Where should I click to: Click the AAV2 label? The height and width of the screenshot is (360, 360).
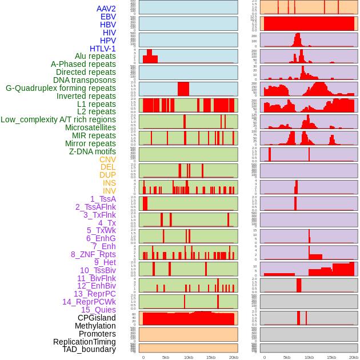pos(106,9)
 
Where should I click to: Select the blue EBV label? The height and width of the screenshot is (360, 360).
pos(108,17)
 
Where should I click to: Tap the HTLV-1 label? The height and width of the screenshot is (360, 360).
pos(102,49)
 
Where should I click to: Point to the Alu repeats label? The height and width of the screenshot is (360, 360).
pos(95,56)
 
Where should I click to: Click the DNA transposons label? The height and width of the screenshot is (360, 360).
pos(85,80)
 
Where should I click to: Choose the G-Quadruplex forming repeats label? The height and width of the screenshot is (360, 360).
pos(61,88)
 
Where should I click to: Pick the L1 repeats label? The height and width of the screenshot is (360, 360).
pos(97,104)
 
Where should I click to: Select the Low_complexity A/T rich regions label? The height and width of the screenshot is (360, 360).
pos(58,119)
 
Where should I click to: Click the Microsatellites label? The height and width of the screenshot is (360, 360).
pos(90,127)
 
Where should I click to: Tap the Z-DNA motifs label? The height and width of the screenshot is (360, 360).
pos(93,151)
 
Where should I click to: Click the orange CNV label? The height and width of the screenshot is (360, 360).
pos(107,159)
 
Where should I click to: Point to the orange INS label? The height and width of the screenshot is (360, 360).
pos(109,183)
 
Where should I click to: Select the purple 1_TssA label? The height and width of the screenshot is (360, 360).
pos(103,199)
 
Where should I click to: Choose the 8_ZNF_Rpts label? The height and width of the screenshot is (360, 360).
pos(93,254)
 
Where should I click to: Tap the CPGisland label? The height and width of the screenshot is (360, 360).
pos(97,318)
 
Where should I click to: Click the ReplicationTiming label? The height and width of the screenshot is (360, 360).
pos(84,342)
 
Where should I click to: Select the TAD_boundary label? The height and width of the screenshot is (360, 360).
pos(89,349)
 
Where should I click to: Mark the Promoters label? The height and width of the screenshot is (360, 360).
pos(97,334)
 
